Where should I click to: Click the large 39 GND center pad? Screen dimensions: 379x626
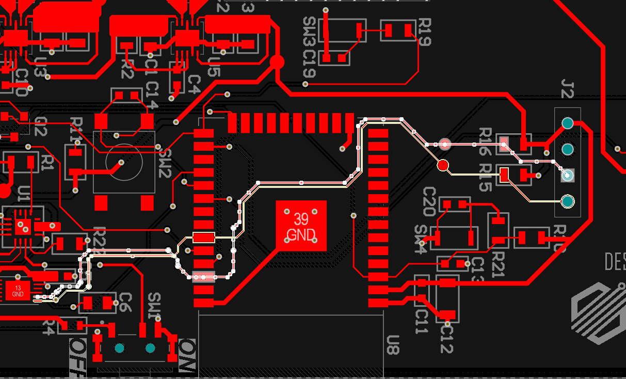(301, 226)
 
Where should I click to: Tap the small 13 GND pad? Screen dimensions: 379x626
(18, 291)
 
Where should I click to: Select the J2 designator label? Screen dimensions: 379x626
(567, 89)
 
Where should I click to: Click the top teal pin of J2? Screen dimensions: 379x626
(567, 123)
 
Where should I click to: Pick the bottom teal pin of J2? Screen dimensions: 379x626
(567, 200)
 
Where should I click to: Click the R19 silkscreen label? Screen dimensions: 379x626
(424, 32)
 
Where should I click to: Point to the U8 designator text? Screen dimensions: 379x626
(393, 344)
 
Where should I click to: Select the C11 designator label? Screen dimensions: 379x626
(422, 322)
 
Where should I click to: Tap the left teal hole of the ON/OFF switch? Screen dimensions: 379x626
(120, 348)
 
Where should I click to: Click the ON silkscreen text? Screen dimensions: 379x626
(186, 356)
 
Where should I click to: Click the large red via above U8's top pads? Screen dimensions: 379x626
(277, 62)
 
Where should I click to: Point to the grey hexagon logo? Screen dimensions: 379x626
(599, 313)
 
